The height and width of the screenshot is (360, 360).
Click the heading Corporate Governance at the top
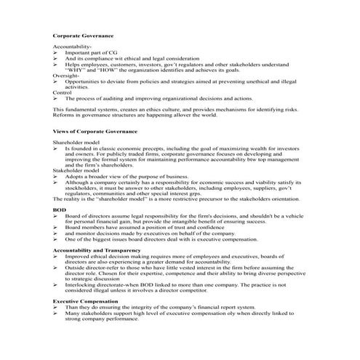coord(83,35)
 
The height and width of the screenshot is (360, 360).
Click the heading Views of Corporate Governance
coord(95,131)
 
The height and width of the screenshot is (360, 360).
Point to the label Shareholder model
coord(76,143)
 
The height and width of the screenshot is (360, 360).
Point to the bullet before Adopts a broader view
coord(56,177)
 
